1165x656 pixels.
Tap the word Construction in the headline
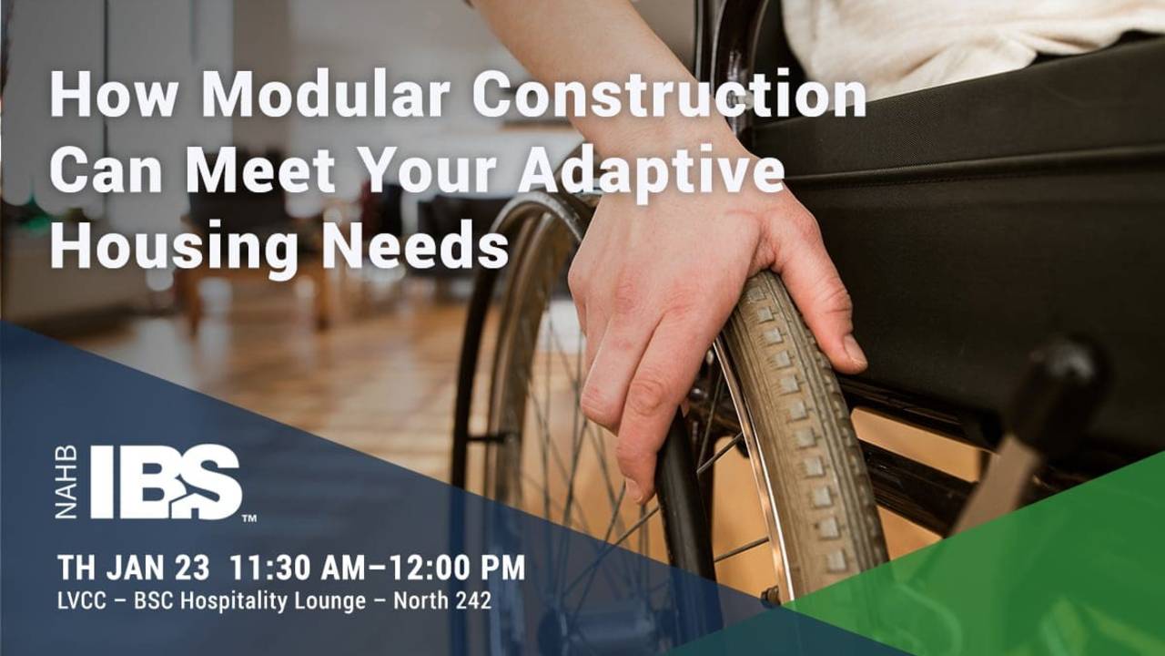coord(669,93)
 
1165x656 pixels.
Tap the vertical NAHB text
coord(66,483)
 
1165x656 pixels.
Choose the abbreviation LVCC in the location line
coord(81,601)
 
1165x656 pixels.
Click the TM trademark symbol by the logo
coord(248,518)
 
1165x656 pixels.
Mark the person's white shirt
coord(956,36)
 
